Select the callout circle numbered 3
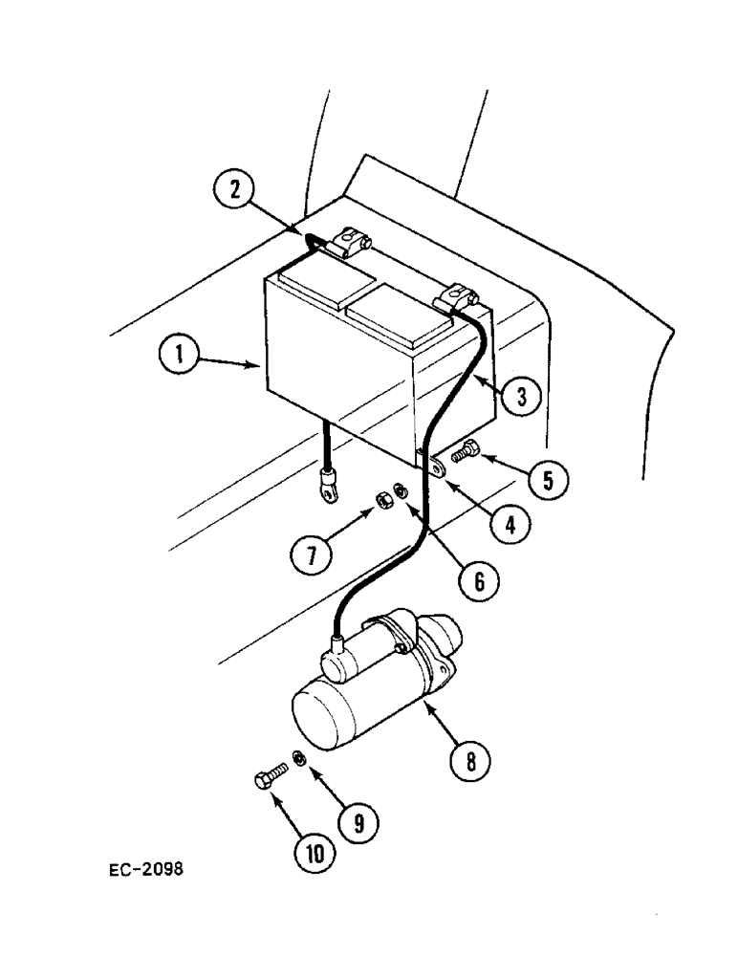pyautogui.click(x=520, y=396)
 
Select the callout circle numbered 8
pyautogui.click(x=469, y=761)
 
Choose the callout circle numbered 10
pyautogui.click(x=308, y=854)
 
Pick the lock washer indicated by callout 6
pyautogui.click(x=400, y=493)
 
